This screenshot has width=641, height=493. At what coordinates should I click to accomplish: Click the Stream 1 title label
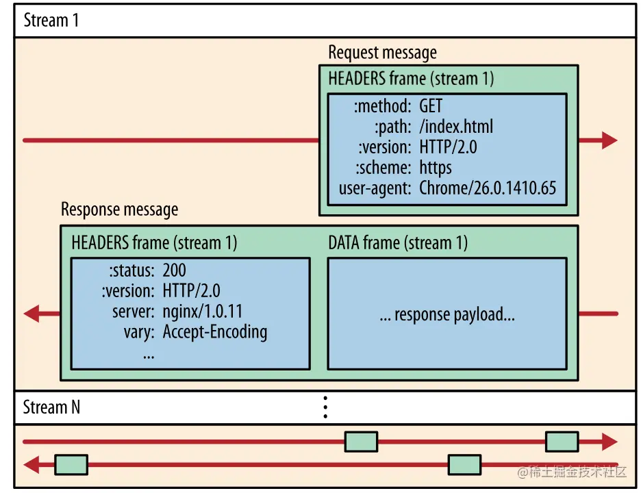(51, 20)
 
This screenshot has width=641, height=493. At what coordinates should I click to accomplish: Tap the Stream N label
(51, 407)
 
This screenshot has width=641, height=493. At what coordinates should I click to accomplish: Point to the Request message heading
(382, 53)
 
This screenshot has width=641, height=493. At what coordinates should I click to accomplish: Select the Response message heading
(119, 210)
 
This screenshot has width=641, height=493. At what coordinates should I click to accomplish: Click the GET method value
(431, 106)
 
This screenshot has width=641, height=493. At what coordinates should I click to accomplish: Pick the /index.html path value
(456, 126)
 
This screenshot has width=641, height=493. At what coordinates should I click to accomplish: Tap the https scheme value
(436, 168)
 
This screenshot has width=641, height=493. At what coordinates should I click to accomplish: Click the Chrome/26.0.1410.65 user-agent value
(488, 188)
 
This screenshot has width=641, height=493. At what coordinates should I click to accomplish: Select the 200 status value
(174, 270)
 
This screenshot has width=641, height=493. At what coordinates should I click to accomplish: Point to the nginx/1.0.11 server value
(202, 312)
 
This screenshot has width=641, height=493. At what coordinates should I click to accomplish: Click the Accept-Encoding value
(214, 332)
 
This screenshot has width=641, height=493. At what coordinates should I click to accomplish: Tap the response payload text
(447, 314)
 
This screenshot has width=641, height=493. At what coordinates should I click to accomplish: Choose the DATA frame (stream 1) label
(398, 243)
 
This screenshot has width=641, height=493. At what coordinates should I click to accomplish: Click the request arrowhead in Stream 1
(609, 140)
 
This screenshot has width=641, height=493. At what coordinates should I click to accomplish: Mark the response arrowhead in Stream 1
(31, 314)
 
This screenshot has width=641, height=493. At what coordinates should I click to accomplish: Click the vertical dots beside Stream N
(325, 407)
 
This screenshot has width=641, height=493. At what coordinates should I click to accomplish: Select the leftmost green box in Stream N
(71, 465)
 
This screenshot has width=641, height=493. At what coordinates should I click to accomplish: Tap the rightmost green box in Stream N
(562, 442)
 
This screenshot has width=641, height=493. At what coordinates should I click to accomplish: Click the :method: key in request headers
(382, 106)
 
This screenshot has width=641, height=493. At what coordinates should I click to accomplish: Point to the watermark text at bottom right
(572, 472)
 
